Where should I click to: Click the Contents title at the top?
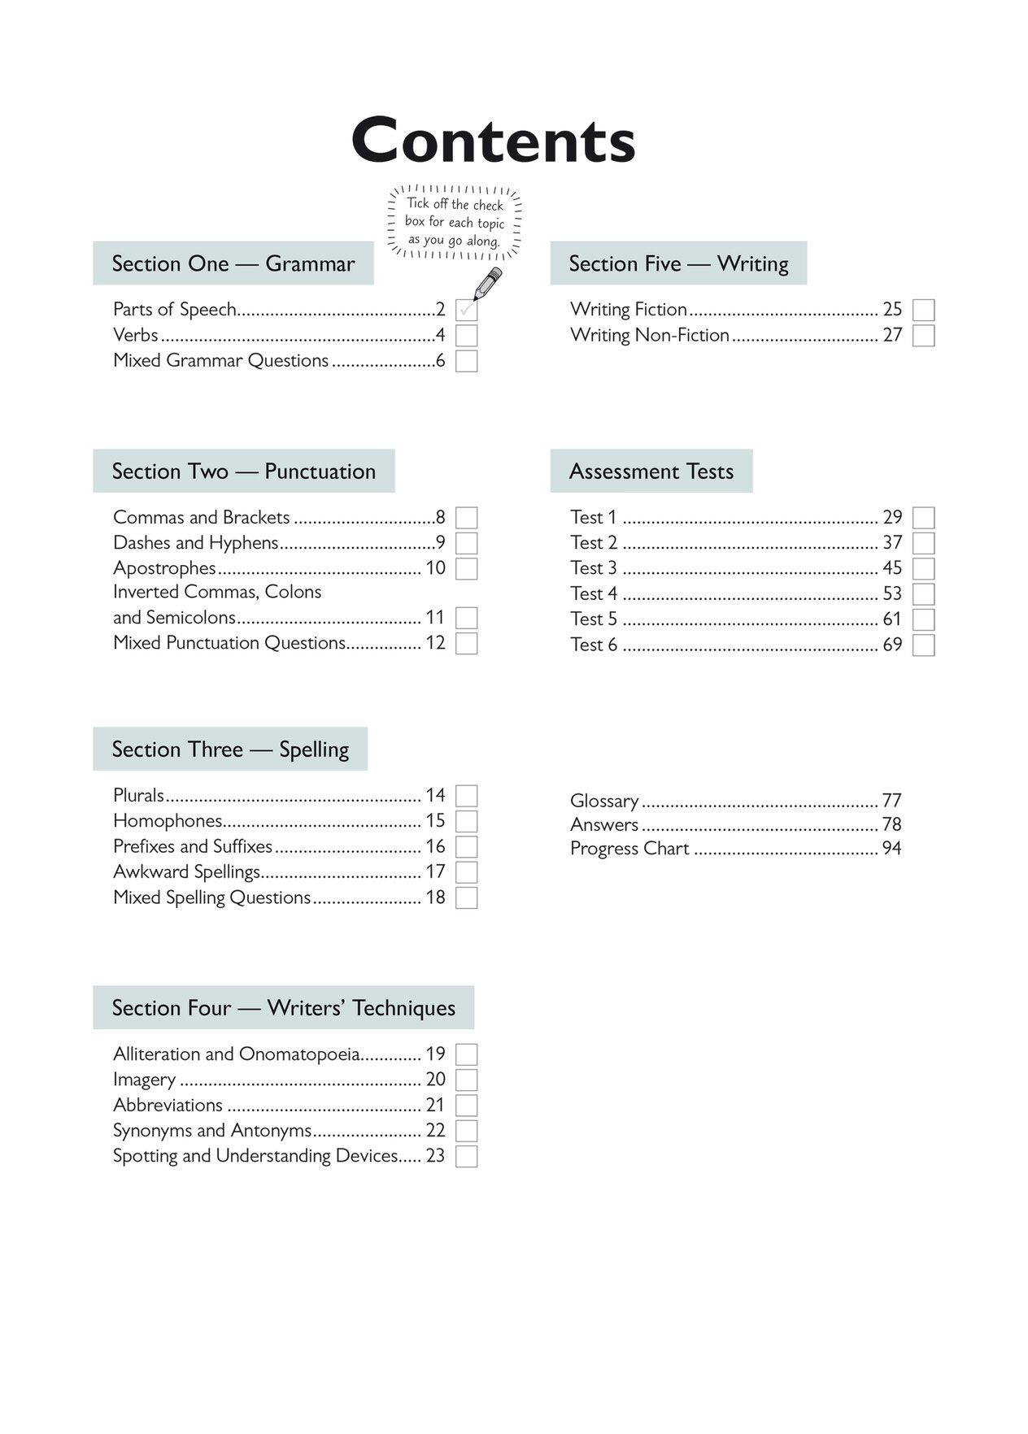(493, 141)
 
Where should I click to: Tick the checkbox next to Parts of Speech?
(466, 311)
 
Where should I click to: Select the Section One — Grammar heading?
(233, 263)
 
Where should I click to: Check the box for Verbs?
(466, 336)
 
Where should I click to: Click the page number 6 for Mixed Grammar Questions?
(440, 361)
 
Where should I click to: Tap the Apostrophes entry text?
(164, 567)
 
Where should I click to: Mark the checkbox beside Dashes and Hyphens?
(466, 543)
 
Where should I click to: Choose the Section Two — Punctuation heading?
(243, 471)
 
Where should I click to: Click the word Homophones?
(168, 821)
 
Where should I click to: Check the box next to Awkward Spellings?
(466, 872)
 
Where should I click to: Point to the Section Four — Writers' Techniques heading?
(283, 1008)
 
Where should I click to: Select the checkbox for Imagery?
(466, 1080)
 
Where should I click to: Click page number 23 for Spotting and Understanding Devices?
(435, 1156)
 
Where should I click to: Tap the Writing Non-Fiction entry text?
(649, 335)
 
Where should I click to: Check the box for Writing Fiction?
(923, 311)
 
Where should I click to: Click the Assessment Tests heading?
(651, 471)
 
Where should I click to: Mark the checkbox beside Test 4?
(923, 594)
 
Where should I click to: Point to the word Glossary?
(604, 801)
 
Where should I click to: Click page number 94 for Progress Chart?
(891, 849)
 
